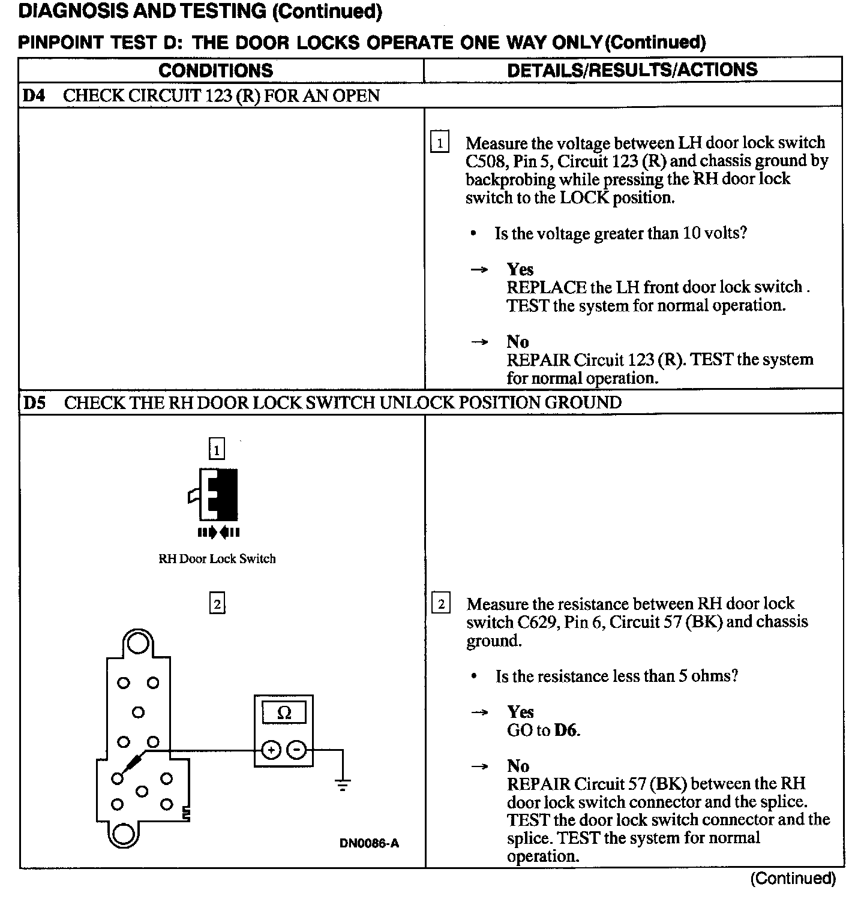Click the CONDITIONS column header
click(x=215, y=70)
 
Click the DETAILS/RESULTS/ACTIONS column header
click(x=632, y=70)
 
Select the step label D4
click(x=34, y=96)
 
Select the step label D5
click(x=34, y=402)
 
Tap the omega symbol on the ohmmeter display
click(x=284, y=713)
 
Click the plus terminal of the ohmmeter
click(x=271, y=750)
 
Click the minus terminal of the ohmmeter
click(x=296, y=750)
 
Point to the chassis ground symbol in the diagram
click(x=343, y=783)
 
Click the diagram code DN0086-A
click(x=369, y=844)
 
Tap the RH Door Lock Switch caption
click(x=217, y=559)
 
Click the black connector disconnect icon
click(x=217, y=495)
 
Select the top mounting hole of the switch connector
click(x=138, y=643)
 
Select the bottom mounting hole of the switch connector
click(x=125, y=834)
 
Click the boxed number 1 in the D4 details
click(x=440, y=143)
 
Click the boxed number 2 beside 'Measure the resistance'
click(x=441, y=604)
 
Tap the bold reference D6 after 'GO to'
click(x=566, y=730)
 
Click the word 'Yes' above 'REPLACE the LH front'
click(x=520, y=269)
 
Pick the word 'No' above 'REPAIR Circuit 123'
click(x=517, y=342)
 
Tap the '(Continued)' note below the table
click(x=793, y=879)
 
